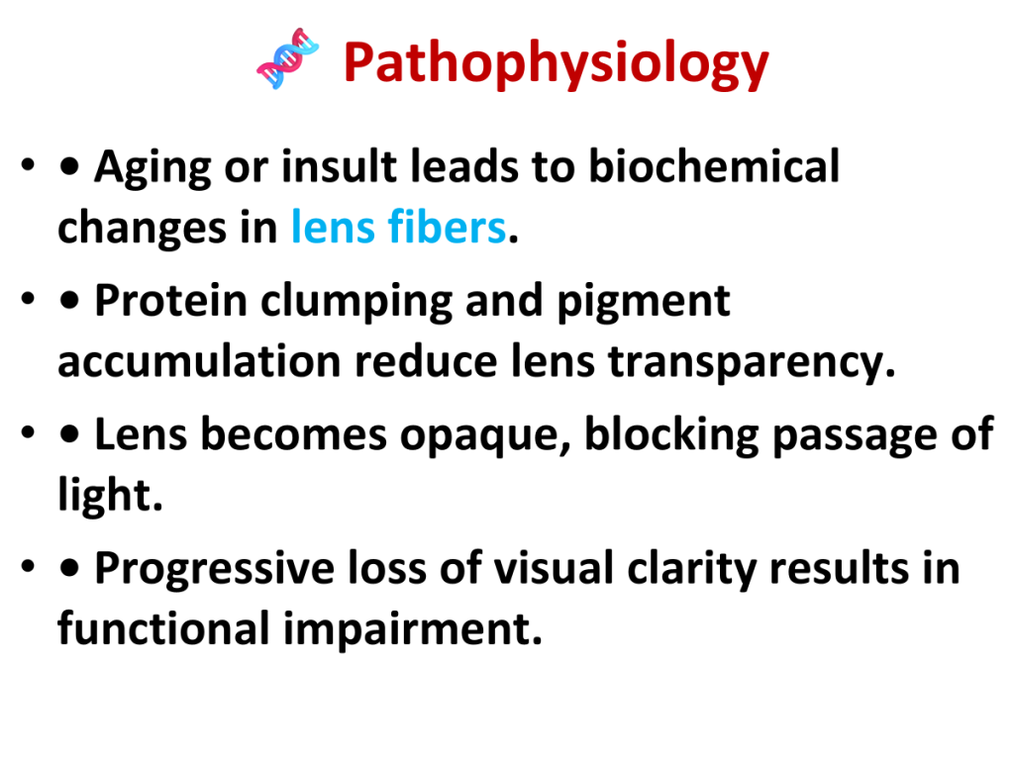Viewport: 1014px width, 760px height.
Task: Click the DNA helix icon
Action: pos(288,58)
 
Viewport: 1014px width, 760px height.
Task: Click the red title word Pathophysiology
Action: pos(557,63)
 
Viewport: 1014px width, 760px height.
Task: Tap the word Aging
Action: pos(152,168)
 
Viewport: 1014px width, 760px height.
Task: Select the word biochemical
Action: pos(714,166)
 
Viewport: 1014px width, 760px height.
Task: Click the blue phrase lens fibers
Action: pos(398,227)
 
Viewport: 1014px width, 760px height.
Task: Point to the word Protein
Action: pos(170,301)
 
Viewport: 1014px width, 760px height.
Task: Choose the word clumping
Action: pos(356,303)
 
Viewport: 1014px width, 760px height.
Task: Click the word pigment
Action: pos(644,303)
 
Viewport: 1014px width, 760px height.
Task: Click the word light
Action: pos(110,495)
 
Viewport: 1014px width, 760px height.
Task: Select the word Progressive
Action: pos(215,569)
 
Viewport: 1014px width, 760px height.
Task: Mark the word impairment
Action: pos(413,628)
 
